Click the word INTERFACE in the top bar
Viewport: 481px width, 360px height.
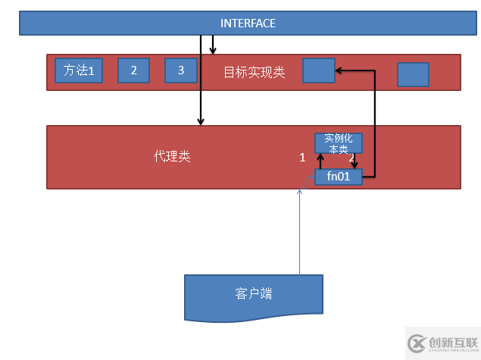[x=248, y=23]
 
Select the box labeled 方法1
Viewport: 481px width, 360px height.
[x=78, y=71]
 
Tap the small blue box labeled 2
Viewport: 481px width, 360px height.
[x=133, y=70]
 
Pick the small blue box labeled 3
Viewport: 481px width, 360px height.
[x=180, y=70]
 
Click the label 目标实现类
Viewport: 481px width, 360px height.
[x=254, y=73]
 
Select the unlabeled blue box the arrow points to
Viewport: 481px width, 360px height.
[x=318, y=70]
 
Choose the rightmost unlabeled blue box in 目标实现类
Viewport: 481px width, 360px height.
[x=413, y=74]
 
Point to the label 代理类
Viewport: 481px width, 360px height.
[x=172, y=157]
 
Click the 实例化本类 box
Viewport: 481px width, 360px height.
[x=338, y=143]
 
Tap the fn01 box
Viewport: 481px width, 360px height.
[x=338, y=177]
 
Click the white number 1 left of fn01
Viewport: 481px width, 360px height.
[x=302, y=158]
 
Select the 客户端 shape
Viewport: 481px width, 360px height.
[x=254, y=295]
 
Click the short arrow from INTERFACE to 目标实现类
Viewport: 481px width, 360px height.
[x=213, y=45]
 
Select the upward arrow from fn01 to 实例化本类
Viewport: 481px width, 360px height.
[x=320, y=161]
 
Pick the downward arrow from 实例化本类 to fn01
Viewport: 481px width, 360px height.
[x=354, y=161]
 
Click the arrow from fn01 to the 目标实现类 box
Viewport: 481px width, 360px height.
[x=375, y=121]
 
